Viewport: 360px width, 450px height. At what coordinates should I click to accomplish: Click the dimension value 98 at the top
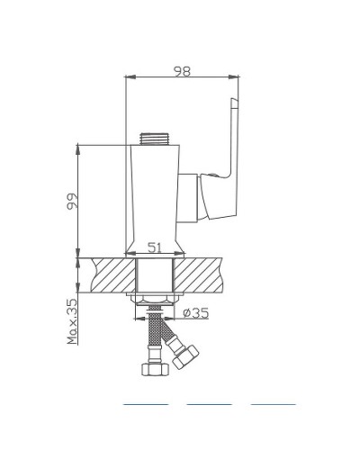[183, 71]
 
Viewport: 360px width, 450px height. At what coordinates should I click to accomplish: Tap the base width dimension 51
[154, 247]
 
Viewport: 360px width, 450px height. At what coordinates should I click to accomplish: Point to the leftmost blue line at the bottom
[145, 404]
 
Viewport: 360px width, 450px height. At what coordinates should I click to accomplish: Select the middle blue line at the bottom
[209, 404]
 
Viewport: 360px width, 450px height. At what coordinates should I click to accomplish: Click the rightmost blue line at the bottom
[273, 404]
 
